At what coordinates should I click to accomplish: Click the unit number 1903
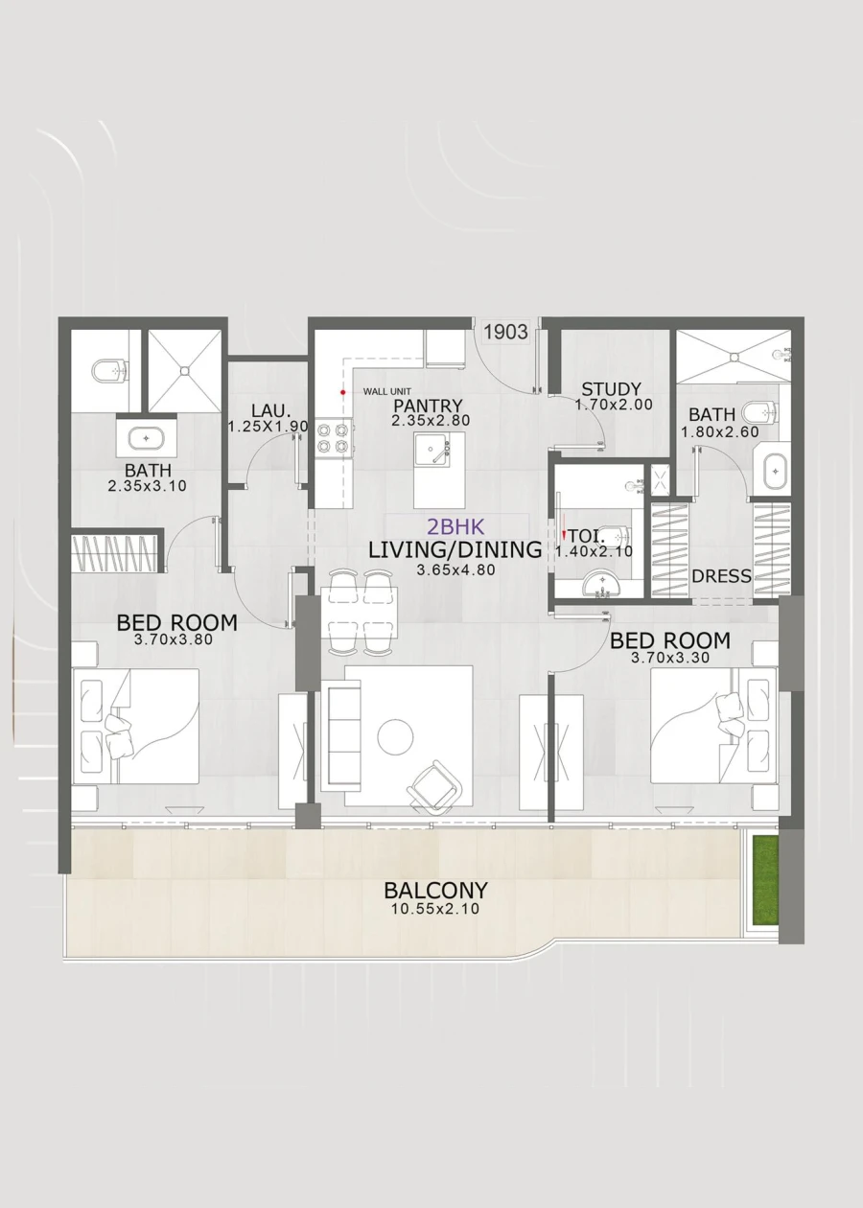click(x=505, y=332)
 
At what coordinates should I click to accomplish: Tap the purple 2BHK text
click(x=456, y=527)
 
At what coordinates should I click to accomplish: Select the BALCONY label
click(x=436, y=890)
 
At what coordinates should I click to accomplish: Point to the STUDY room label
click(x=611, y=389)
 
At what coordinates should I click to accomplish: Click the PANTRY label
click(x=427, y=406)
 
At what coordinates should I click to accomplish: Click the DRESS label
click(x=721, y=577)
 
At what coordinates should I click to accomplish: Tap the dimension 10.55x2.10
click(x=436, y=909)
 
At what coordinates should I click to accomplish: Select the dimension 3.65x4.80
click(x=455, y=570)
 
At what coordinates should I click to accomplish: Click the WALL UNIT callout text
click(x=385, y=392)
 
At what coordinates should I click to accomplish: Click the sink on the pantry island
click(x=436, y=451)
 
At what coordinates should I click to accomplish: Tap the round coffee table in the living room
click(x=395, y=737)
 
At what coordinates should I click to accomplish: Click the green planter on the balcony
click(x=765, y=879)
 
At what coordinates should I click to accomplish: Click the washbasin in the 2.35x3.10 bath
click(x=146, y=438)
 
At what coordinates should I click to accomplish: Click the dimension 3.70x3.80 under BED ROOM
click(x=177, y=639)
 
